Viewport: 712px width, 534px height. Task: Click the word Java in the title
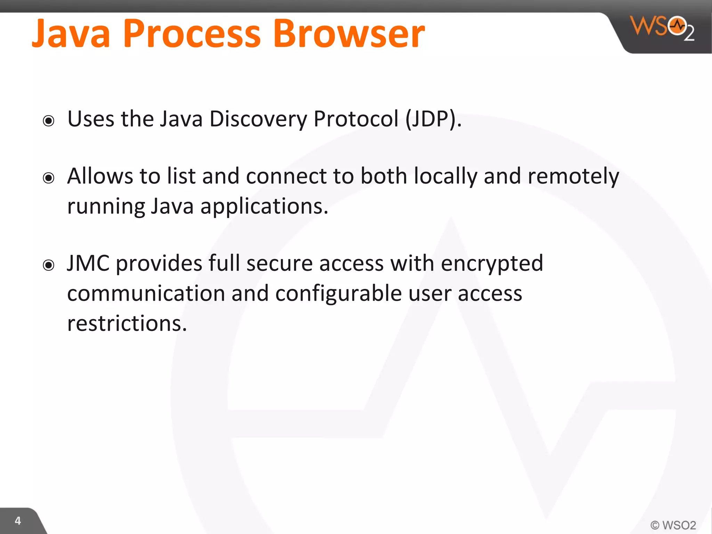tap(71, 34)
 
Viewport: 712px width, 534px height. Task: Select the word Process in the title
tap(192, 34)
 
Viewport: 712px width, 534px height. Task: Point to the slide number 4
tap(18, 521)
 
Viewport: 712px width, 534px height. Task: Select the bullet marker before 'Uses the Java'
tap(49, 121)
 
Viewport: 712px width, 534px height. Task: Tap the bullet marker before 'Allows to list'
tap(49, 178)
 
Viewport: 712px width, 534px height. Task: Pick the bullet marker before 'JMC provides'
tap(49, 265)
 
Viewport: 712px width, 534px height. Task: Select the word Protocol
tap(356, 119)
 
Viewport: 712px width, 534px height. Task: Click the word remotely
tap(573, 176)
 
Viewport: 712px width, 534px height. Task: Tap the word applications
tap(264, 207)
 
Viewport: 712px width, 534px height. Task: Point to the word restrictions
tap(127, 323)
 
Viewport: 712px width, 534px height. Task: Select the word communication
tap(146, 294)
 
